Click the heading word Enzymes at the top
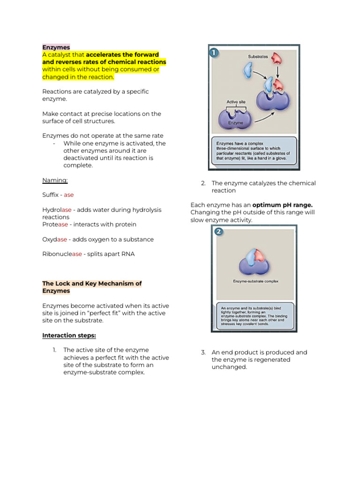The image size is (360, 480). [x=56, y=47]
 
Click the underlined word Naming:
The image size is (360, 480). [x=55, y=180]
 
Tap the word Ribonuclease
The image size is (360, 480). [x=62, y=254]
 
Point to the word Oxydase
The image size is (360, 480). [x=54, y=240]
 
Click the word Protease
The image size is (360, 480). [x=55, y=225]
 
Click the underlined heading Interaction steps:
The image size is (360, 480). [x=69, y=335]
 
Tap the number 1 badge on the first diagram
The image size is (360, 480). [x=214, y=52]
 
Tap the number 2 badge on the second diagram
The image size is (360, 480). [x=218, y=232]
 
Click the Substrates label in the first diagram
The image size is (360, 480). [x=258, y=57]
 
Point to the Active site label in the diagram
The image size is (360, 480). [x=236, y=101]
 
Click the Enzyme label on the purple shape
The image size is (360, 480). [x=235, y=123]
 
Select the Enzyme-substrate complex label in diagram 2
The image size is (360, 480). [x=255, y=282]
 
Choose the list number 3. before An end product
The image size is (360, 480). [x=203, y=352]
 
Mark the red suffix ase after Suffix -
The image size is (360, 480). [x=69, y=195]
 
